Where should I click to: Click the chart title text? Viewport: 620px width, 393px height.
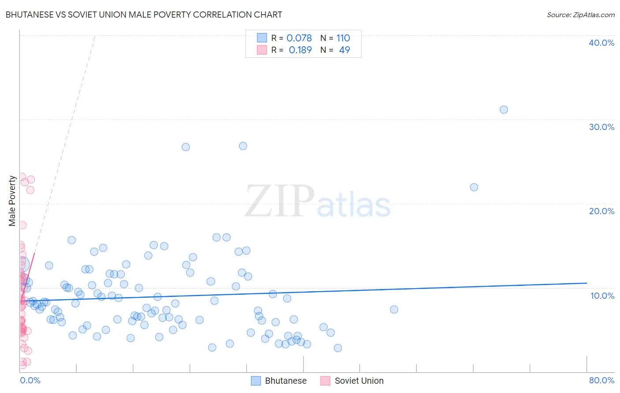pyautogui.click(x=144, y=15)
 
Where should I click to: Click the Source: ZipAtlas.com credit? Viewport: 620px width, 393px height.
pyautogui.click(x=580, y=15)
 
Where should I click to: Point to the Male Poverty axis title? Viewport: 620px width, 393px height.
pyautogui.click(x=12, y=201)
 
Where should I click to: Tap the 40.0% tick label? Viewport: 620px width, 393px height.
pyautogui.click(x=601, y=43)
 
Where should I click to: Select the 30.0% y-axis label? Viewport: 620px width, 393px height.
pyautogui.click(x=601, y=127)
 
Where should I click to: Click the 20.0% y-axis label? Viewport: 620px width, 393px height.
pyautogui.click(x=601, y=211)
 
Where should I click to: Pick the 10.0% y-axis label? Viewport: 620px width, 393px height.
pyautogui.click(x=602, y=296)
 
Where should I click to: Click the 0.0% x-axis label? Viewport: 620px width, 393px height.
pyautogui.click(x=30, y=380)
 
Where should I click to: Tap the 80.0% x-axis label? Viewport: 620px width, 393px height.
pyautogui.click(x=601, y=380)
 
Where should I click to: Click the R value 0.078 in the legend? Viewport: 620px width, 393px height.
pyautogui.click(x=299, y=38)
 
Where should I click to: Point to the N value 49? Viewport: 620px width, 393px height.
pyautogui.click(x=344, y=50)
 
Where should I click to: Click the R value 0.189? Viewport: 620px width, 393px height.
pyautogui.click(x=300, y=50)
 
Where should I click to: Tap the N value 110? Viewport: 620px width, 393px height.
pyautogui.click(x=343, y=38)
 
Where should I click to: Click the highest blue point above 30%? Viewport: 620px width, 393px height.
pyautogui.click(x=504, y=110)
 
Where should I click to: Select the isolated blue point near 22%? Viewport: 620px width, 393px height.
pyautogui.click(x=474, y=187)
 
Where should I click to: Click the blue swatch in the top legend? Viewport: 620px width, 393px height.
pyautogui.click(x=262, y=38)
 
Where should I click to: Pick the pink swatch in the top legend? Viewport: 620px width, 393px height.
pyautogui.click(x=262, y=50)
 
